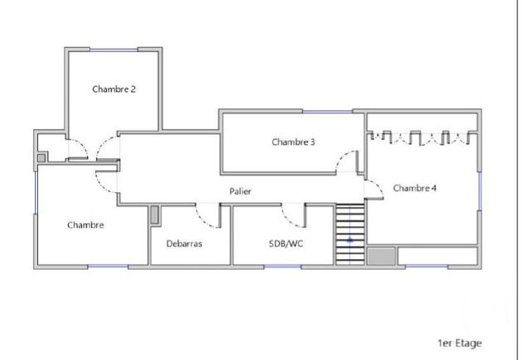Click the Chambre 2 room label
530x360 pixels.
coord(114,89)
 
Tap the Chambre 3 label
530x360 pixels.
coord(293,142)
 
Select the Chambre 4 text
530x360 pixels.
coord(415,188)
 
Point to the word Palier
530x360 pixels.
coord(241,191)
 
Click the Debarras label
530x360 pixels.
coord(184,243)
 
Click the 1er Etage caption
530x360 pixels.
coord(460,343)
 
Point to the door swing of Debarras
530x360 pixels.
coord(207,214)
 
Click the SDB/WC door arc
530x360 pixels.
coord(292,215)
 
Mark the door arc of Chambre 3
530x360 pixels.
coord(347,161)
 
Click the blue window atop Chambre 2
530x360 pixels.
coord(113,49)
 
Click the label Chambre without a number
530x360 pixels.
coord(85,224)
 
